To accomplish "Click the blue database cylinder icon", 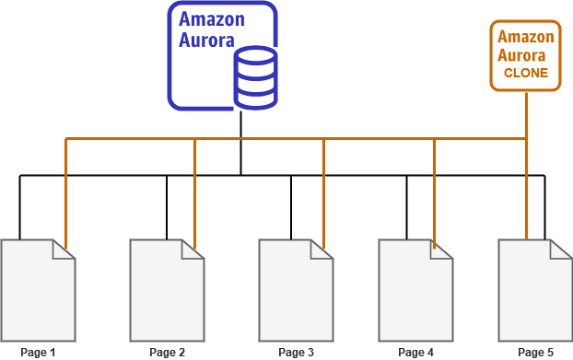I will pos(255,79).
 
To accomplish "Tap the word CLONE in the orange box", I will pos(526,73).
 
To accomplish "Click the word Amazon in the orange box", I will pos(525,37).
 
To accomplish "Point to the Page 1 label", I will pos(38,352).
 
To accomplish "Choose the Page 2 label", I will pos(167,352).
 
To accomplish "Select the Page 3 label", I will pos(296,352).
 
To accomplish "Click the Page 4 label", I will pos(415,352).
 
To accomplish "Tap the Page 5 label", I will pos(535,352).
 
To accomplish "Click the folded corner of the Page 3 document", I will pos(324,249).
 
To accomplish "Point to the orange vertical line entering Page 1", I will pos(65,193).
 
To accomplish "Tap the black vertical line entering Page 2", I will pos(167,207).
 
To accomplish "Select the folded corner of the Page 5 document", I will pos(564,249).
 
